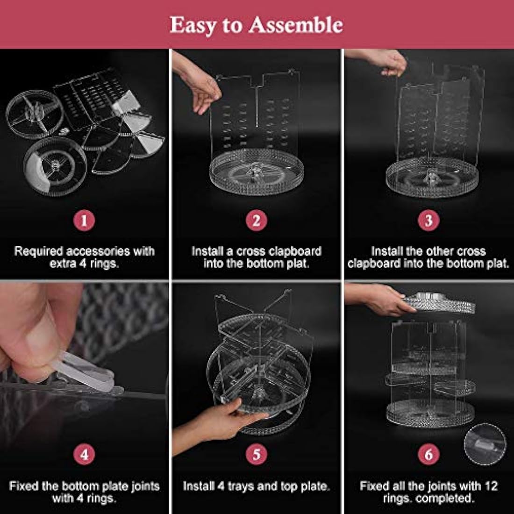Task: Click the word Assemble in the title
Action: [x=296, y=25]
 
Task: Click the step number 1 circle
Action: [x=84, y=220]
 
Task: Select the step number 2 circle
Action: [x=257, y=220]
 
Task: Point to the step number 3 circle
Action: [x=428, y=220]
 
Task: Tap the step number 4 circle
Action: [x=84, y=455]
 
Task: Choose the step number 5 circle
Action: [x=257, y=455]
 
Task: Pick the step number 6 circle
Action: [x=428, y=455]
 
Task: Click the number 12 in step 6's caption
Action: [x=491, y=486]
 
